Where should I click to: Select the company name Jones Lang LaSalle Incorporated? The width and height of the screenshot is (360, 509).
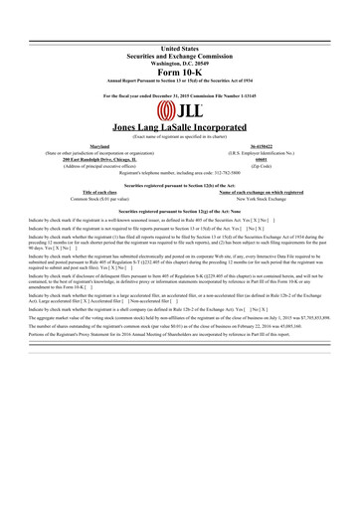click(x=180, y=128)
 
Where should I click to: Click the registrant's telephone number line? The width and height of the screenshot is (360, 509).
click(x=180, y=174)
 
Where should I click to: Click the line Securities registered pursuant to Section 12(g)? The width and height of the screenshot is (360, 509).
click(x=180, y=213)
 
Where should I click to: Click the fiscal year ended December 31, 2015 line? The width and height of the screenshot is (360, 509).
click(x=180, y=95)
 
